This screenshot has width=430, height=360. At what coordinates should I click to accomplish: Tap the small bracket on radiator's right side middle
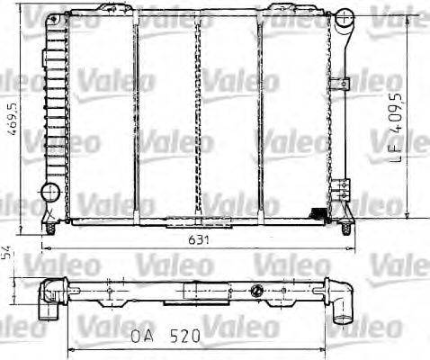click(x=339, y=85)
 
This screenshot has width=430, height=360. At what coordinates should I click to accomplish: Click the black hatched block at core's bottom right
click(x=318, y=212)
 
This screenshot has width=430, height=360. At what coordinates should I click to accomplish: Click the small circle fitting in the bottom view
click(x=259, y=290)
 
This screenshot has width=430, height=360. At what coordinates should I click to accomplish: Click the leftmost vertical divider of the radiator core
click(x=135, y=117)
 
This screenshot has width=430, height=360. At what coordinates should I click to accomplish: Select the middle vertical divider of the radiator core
click(x=197, y=117)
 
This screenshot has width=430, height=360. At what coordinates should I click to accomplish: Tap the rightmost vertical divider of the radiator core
click(x=261, y=117)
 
